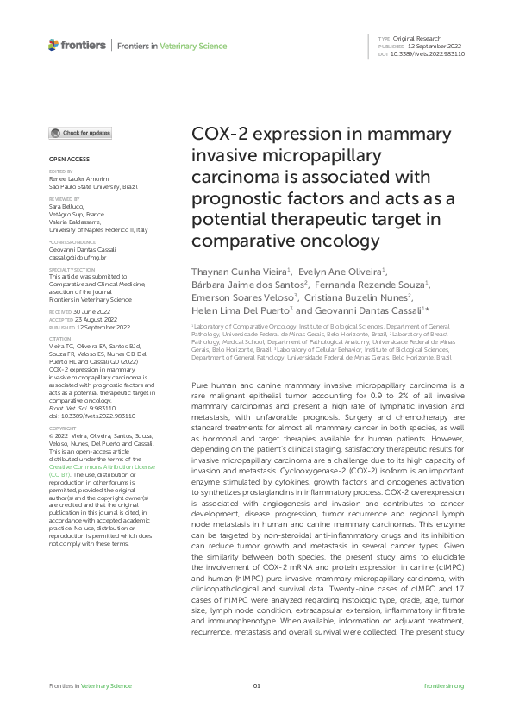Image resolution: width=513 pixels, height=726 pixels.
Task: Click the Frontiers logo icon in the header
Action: pyautogui.click(x=53, y=44)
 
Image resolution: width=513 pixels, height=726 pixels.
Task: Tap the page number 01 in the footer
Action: pyautogui.click(x=256, y=685)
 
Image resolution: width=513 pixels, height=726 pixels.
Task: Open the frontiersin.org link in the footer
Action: pyautogui.click(x=445, y=685)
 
